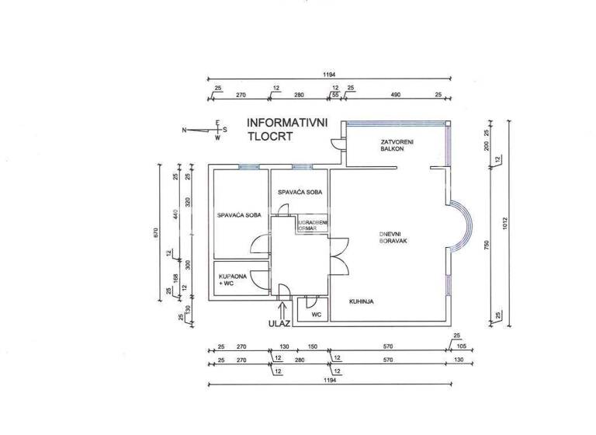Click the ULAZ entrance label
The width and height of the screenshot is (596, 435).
pos(279,322)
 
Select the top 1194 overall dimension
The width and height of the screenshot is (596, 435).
pos(330,74)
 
